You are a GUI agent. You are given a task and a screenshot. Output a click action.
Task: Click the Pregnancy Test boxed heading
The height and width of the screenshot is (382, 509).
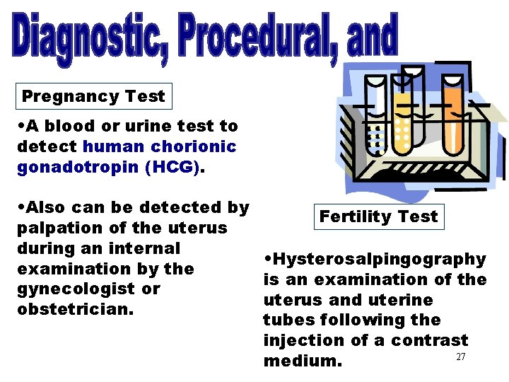93,96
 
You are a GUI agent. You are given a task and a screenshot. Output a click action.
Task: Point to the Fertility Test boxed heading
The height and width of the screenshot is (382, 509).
378,216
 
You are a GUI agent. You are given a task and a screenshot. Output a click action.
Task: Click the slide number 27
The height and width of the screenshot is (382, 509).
460,357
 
